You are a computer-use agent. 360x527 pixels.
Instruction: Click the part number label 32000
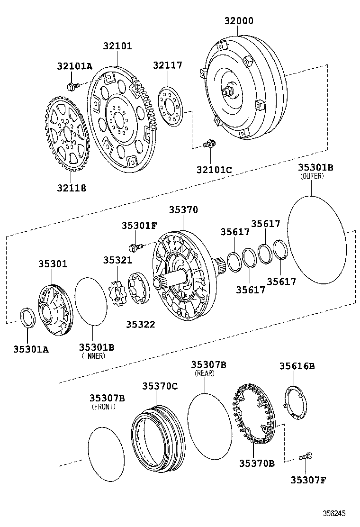click(x=238, y=21)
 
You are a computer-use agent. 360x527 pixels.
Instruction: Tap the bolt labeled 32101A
click(x=72, y=86)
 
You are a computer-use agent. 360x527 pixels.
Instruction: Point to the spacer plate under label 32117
click(x=169, y=107)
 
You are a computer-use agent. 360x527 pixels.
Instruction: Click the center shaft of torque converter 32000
click(x=231, y=91)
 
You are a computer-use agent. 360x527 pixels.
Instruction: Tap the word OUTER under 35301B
click(x=312, y=176)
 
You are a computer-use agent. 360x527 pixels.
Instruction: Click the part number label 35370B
click(x=256, y=463)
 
